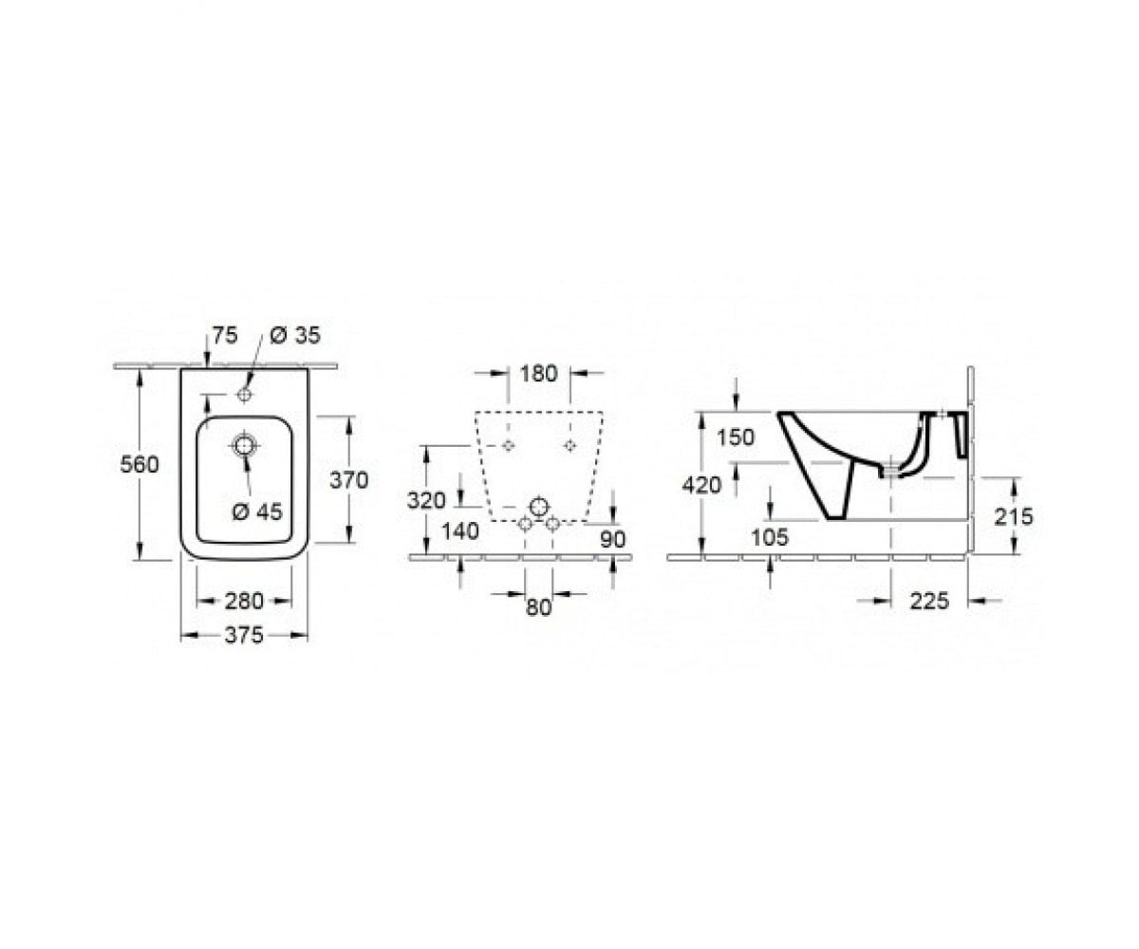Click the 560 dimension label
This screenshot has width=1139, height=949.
coord(140,465)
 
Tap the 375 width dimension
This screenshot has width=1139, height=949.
coord(244,634)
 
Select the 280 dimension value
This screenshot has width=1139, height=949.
coord(244,601)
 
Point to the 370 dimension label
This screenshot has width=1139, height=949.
coord(349,480)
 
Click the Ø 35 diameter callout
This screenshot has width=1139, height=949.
coord(295,335)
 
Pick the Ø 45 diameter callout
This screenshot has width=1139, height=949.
coord(257,512)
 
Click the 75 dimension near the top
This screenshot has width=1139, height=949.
coord(225,335)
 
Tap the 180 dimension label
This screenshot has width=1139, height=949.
coord(538,374)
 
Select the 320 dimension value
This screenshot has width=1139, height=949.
coord(426,500)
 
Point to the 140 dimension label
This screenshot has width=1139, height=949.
coord(459,530)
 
